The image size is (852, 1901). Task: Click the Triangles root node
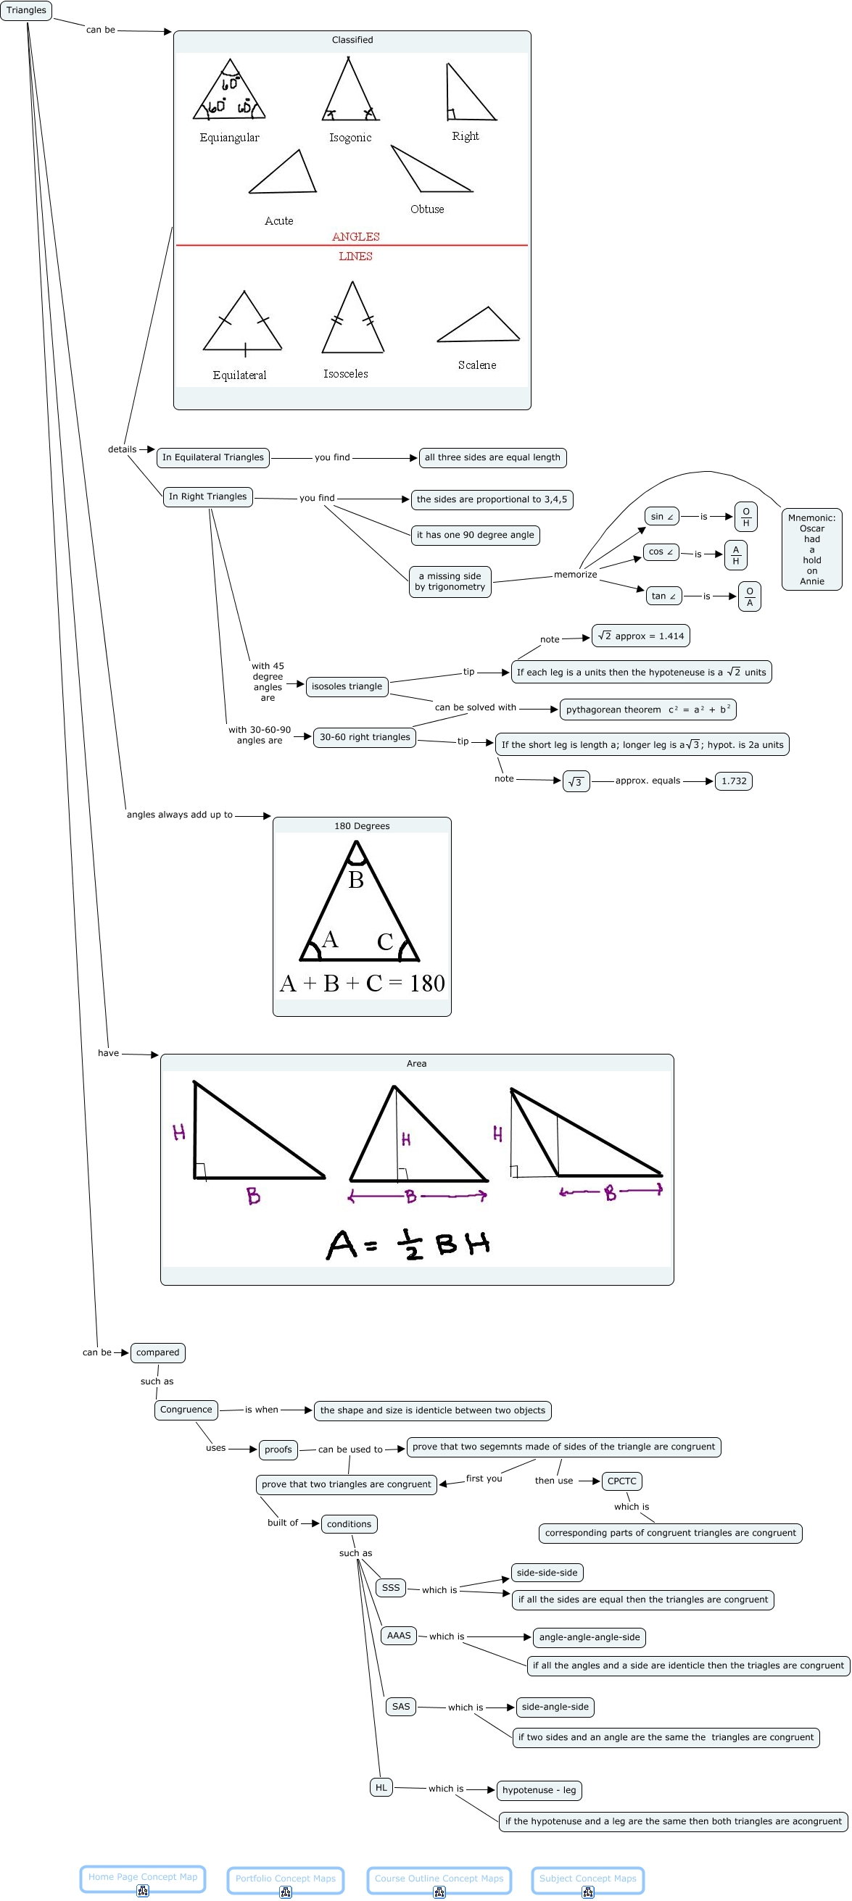pyautogui.click(x=26, y=10)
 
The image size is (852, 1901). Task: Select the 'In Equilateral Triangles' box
pyautogui.click(x=212, y=457)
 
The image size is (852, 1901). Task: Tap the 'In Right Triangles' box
pyautogui.click(x=207, y=496)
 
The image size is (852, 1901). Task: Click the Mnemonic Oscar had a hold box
pyautogui.click(x=811, y=549)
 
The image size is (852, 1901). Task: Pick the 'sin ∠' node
pyautogui.click(x=661, y=517)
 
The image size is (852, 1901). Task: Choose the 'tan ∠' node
pyautogui.click(x=663, y=596)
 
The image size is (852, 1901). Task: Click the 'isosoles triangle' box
pyautogui.click(x=347, y=686)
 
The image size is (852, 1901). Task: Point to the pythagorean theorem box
pyautogui.click(x=648, y=710)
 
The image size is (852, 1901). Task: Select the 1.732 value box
pyautogui.click(x=733, y=781)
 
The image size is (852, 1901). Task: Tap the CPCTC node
pyautogui.click(x=621, y=1481)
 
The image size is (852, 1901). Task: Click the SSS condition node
pyautogui.click(x=391, y=1587)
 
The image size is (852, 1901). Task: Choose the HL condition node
pyautogui.click(x=381, y=1787)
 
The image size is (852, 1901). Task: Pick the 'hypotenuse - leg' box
pyautogui.click(x=539, y=1789)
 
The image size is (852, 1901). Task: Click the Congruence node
pyautogui.click(x=186, y=1410)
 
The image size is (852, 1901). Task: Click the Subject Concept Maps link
pyautogui.click(x=587, y=1879)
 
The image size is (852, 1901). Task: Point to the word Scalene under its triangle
pyautogui.click(x=477, y=365)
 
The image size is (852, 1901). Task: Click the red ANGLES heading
pyautogui.click(x=355, y=237)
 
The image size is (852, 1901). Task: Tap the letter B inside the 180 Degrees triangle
pyautogui.click(x=356, y=881)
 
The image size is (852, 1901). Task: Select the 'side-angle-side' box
pyautogui.click(x=555, y=1707)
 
